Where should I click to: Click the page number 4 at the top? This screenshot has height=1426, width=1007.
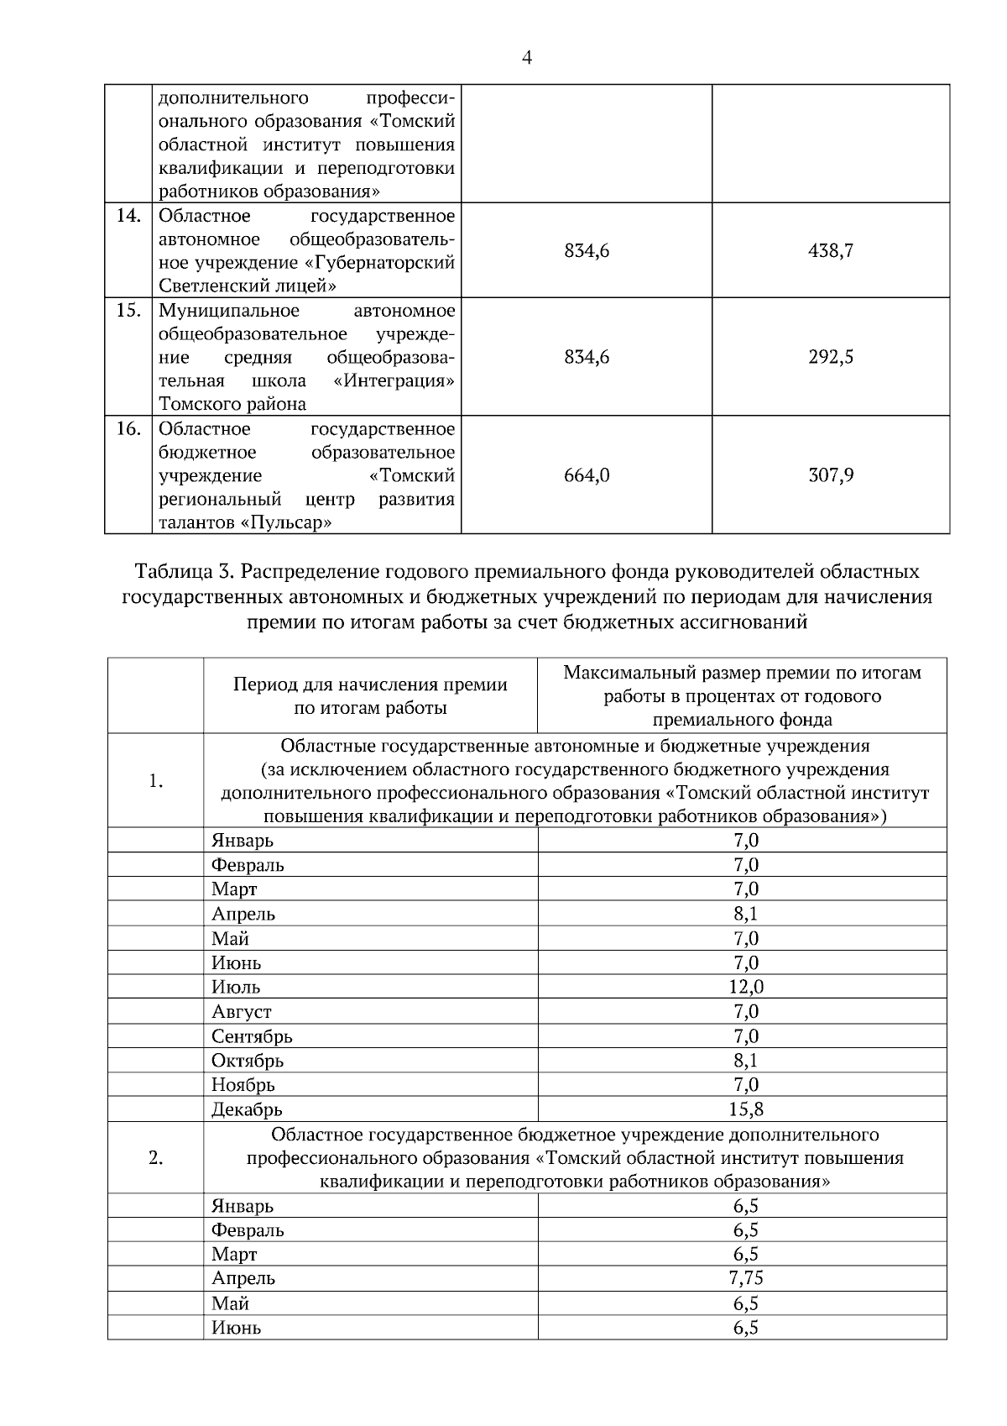coord(527,58)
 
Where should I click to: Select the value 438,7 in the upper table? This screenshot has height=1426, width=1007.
coord(831,250)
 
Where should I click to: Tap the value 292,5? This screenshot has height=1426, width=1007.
coord(831,357)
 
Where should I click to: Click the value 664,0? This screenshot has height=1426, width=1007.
coord(587,475)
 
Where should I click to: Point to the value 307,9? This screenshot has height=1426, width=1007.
coord(831,475)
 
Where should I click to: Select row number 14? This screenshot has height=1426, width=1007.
coord(128,216)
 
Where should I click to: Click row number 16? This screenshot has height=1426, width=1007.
coord(128,429)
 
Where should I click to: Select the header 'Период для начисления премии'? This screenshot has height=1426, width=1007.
coord(370,684)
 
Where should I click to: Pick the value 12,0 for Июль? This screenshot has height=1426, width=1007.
coord(745,987)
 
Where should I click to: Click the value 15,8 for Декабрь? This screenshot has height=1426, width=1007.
coord(745,1109)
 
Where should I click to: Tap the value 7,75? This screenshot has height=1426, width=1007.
coord(745,1278)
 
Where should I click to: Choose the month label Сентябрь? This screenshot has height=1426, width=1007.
coord(252,1036)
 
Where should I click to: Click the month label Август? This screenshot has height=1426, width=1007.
coord(242,1012)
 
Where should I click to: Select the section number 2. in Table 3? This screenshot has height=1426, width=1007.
coord(155,1158)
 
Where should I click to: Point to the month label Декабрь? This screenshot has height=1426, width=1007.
coord(247,1110)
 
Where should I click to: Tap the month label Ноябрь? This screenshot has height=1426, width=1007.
coord(243,1085)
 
